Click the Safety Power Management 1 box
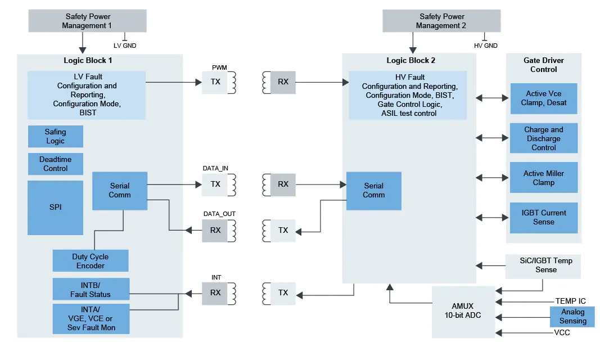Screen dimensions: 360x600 point(87,21)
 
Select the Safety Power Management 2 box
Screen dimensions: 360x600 point(441,21)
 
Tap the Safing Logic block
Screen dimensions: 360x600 point(55,137)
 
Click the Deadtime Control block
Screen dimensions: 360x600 point(55,164)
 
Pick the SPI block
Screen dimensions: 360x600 point(55,207)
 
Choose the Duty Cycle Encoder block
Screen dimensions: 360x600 point(91,261)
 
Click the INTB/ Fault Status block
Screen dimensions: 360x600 point(91,289)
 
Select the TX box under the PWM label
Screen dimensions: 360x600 point(215,82)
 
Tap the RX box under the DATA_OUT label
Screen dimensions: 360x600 point(215,230)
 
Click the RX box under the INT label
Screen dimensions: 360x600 point(215,292)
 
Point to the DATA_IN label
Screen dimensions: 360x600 point(215,168)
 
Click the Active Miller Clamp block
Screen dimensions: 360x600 point(543,178)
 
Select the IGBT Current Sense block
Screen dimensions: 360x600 point(543,218)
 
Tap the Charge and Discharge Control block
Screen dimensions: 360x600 point(543,138)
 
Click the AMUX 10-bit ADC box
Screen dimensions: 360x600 point(463,312)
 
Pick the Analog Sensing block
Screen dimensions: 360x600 point(572,317)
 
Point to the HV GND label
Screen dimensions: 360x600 point(486,46)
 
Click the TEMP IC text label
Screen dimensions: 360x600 point(570,301)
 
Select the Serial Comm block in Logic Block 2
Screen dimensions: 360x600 point(373,191)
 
